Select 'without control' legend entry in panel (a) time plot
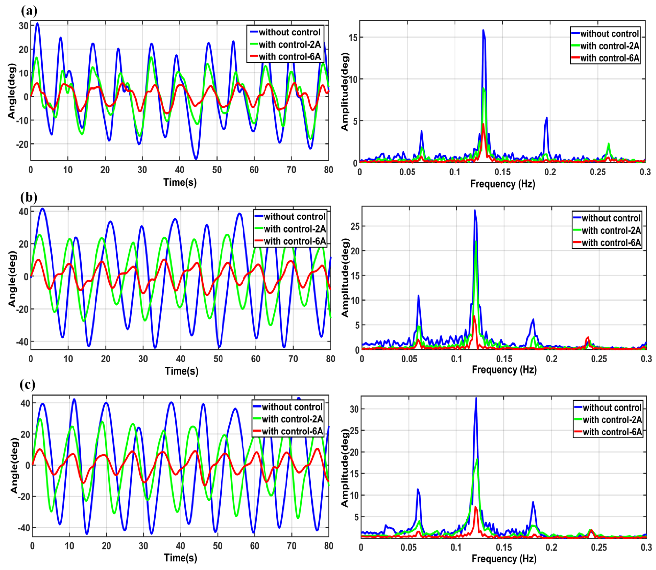tap(289, 32)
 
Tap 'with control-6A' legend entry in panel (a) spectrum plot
tap(609, 58)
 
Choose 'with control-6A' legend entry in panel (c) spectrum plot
tap(612, 432)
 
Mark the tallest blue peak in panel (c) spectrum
tap(476, 398)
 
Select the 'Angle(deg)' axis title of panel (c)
tap(13, 466)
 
